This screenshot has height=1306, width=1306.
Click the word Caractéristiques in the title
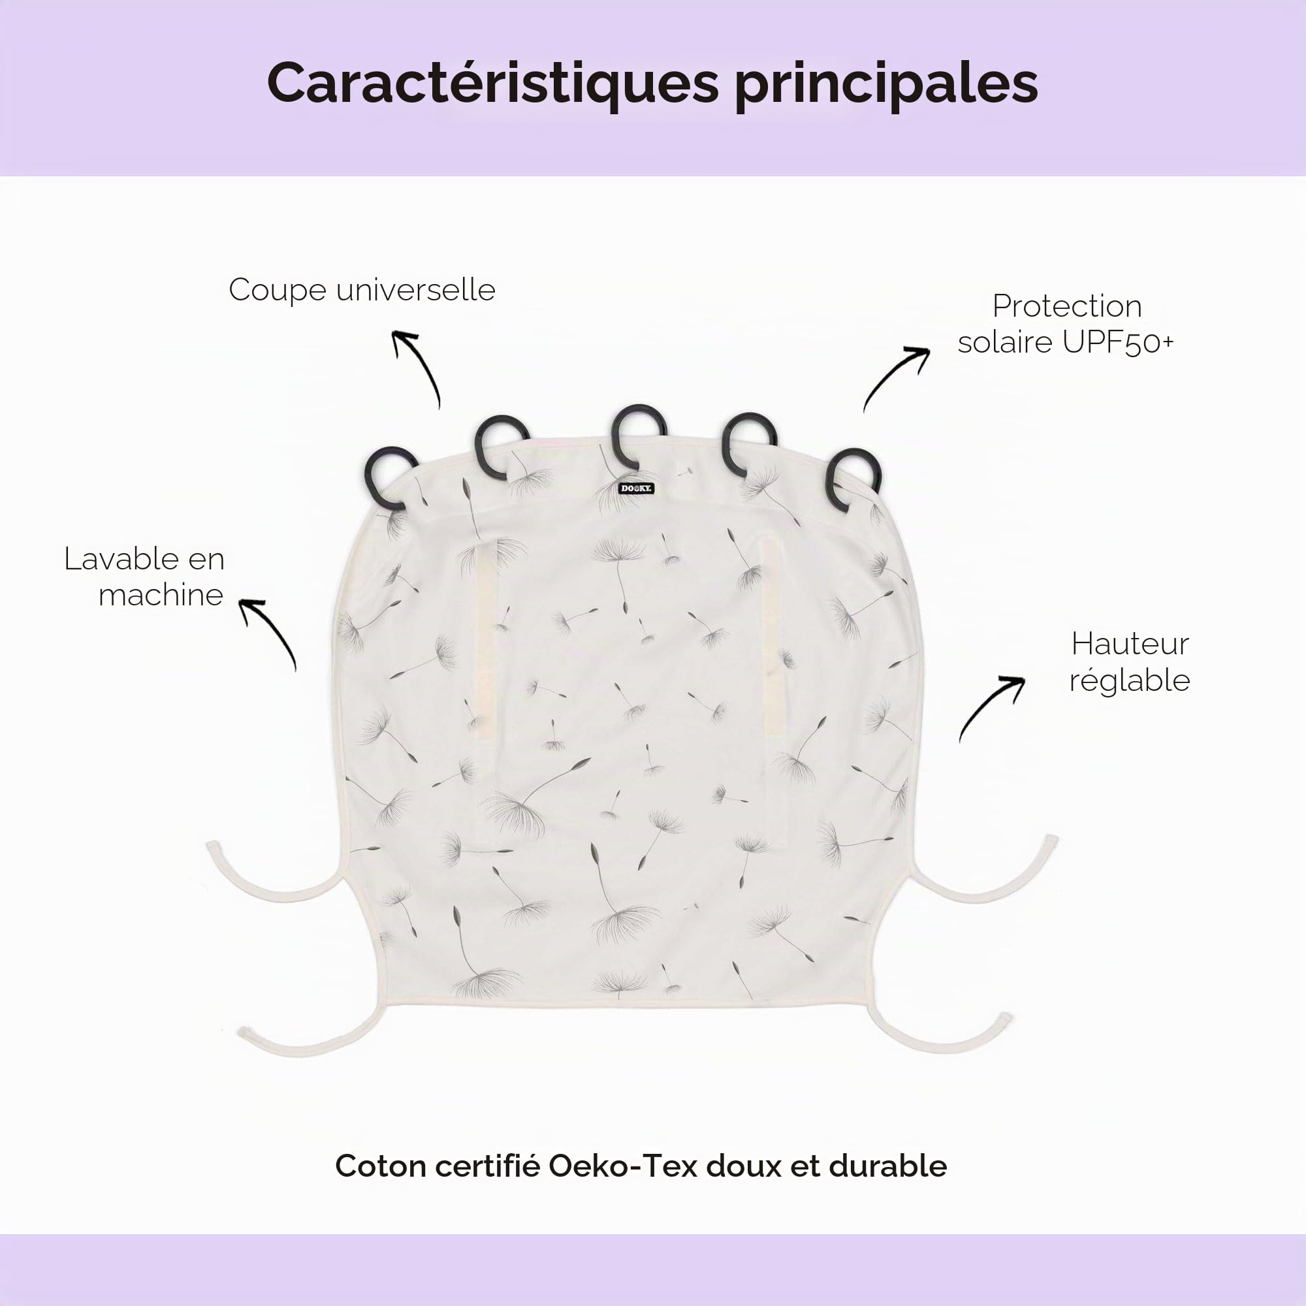point(493,84)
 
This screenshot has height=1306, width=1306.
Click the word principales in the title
point(886,85)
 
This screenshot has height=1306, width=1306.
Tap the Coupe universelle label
point(362,291)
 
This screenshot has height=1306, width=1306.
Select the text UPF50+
point(1118,342)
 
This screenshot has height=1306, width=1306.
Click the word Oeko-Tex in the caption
point(622,1166)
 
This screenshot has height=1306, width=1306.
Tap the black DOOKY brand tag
point(636,488)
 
